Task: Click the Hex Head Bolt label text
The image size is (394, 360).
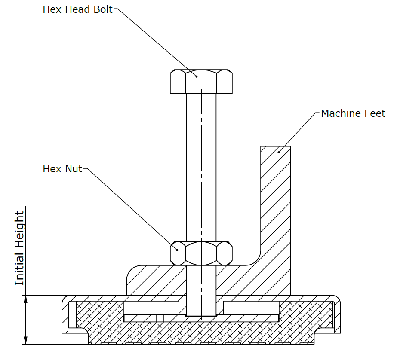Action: coord(77,9)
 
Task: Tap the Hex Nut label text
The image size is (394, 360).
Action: coord(62,168)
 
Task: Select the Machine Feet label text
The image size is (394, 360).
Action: coord(353,113)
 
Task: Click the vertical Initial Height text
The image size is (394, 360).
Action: coord(20,248)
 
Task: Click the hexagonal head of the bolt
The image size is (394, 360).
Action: coord(201,82)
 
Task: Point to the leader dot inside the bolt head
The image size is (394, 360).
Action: coord(196,76)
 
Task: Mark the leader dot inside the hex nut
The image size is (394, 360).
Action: coord(177,249)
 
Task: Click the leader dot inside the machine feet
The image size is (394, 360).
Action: coord(279,151)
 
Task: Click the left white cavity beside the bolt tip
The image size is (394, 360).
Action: coord(151,308)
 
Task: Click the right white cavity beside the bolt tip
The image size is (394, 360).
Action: coord(251,308)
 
